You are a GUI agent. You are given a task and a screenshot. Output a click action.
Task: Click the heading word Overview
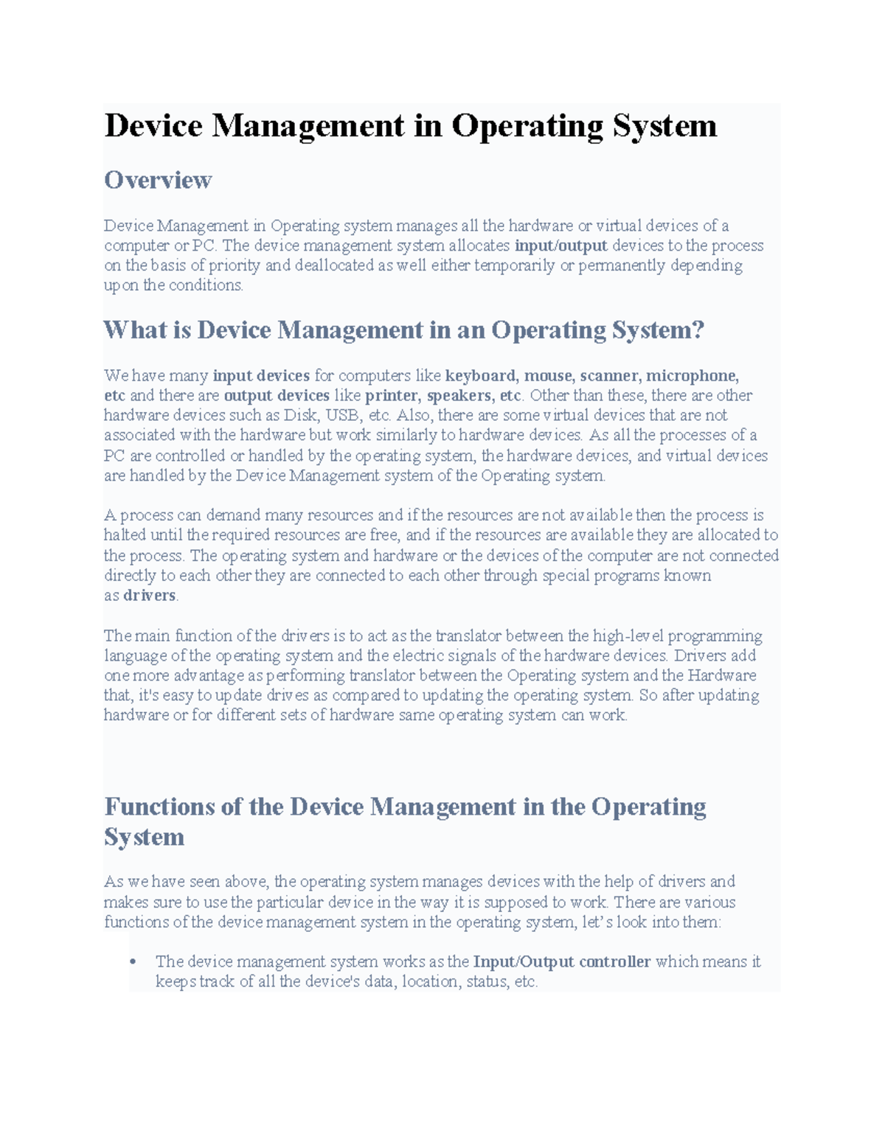(158, 180)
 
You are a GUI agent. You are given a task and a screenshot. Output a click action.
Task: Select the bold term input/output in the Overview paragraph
(560, 246)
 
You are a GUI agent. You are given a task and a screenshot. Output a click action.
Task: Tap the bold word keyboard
(482, 376)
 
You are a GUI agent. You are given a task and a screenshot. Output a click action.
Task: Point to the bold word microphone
(693, 376)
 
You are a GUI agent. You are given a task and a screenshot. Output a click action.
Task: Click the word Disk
(300, 416)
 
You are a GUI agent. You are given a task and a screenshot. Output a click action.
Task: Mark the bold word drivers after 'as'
(150, 596)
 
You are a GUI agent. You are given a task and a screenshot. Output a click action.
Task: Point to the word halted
(126, 535)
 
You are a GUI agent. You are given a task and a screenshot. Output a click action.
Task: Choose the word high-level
(628, 636)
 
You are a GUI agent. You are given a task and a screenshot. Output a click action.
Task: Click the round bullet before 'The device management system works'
(133, 961)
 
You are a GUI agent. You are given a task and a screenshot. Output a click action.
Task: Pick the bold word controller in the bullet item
(615, 962)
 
